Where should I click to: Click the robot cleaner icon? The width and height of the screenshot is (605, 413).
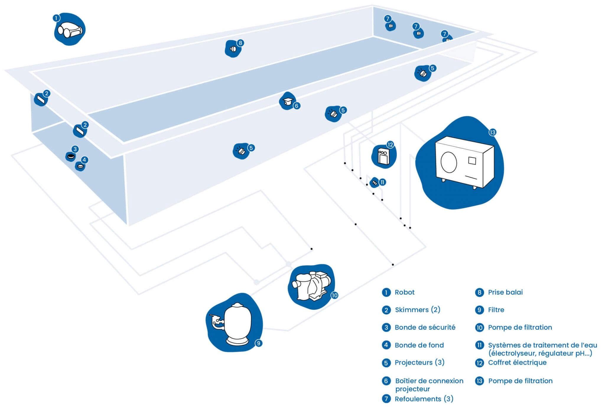click(x=70, y=30)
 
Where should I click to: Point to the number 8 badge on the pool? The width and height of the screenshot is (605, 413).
click(x=240, y=43)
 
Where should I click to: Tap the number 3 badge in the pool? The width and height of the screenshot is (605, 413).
click(x=75, y=149)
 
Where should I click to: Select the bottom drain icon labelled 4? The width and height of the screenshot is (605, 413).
click(x=80, y=167)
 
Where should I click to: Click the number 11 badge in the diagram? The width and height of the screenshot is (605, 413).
click(x=382, y=182)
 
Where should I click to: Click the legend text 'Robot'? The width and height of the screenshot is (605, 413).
click(x=404, y=292)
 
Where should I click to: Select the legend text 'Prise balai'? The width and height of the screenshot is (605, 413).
click(x=505, y=292)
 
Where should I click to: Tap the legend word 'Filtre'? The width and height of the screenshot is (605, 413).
click(x=496, y=310)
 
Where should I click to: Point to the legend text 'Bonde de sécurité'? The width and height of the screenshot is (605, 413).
click(x=425, y=327)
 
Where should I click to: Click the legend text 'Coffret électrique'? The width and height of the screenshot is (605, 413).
click(x=517, y=362)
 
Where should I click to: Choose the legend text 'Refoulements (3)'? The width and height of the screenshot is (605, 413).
click(x=424, y=399)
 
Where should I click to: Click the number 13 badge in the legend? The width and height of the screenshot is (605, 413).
click(x=479, y=381)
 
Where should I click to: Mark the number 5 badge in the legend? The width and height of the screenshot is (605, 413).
click(x=386, y=363)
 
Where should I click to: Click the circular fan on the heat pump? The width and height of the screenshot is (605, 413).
click(x=449, y=162)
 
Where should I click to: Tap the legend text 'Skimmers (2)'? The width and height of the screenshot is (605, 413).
click(x=417, y=310)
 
